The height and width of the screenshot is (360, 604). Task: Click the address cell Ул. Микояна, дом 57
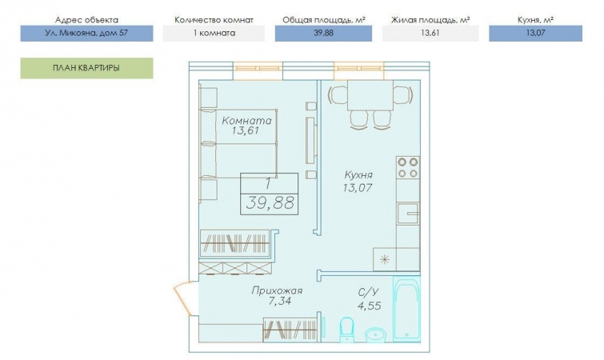86,33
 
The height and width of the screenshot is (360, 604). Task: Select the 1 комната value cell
214,33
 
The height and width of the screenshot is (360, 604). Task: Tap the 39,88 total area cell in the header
323,33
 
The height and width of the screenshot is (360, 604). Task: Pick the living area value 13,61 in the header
430,33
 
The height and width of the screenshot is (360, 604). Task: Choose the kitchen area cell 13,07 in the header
535,33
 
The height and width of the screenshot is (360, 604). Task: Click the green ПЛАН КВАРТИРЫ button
86,68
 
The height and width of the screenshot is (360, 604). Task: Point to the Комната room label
247,121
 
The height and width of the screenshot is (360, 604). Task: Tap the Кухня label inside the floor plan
358,175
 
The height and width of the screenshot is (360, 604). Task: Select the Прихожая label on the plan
277,290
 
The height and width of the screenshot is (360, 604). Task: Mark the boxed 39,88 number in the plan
270,203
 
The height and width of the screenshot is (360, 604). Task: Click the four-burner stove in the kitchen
408,167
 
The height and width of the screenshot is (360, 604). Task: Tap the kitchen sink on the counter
408,214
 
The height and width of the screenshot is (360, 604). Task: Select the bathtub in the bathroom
406,309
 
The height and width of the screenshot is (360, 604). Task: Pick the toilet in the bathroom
347,330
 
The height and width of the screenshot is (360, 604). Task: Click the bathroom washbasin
374,335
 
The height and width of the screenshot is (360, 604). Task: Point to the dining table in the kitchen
370,95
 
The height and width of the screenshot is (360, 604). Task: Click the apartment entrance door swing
182,299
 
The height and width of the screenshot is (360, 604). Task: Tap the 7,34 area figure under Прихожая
280,301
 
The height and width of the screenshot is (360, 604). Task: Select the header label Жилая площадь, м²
430,20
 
